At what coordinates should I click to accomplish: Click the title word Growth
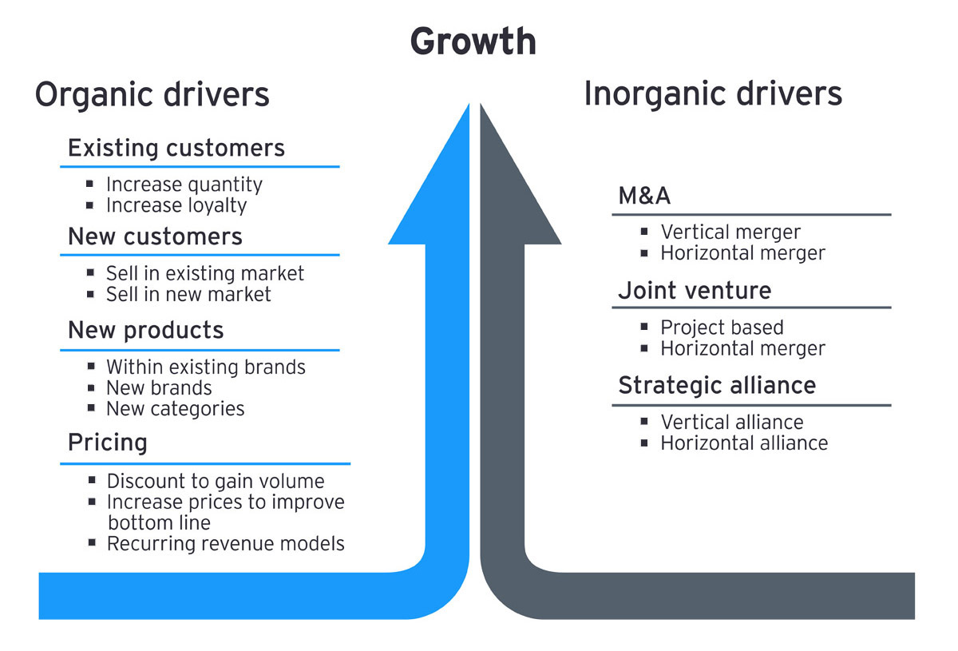[x=473, y=42]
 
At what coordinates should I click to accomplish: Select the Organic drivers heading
[x=152, y=94]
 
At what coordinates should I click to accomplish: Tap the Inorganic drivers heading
[x=713, y=93]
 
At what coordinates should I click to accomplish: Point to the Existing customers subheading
[x=176, y=149]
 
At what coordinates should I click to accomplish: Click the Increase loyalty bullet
[x=176, y=205]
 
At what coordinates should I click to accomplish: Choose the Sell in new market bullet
[x=188, y=294]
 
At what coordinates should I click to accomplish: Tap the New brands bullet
[x=159, y=388]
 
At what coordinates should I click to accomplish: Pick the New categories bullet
[x=175, y=409]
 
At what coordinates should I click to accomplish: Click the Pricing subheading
[x=108, y=443]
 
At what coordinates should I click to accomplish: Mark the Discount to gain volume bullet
[x=216, y=482]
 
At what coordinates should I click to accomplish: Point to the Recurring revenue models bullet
[x=225, y=544]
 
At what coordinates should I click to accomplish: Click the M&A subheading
[x=644, y=196]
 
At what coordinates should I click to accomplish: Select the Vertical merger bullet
[x=730, y=232]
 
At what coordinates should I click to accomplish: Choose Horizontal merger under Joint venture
[x=742, y=348]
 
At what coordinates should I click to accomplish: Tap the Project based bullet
[x=722, y=327]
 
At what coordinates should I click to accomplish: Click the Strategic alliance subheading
[x=717, y=386]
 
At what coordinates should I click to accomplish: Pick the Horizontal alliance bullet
[x=744, y=443]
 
